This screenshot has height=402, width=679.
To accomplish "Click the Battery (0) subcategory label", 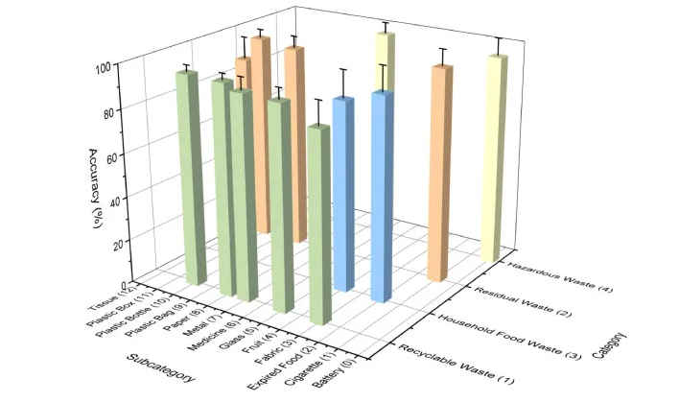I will tap(349, 376).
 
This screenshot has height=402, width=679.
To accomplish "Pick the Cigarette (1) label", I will tap(328, 370).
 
